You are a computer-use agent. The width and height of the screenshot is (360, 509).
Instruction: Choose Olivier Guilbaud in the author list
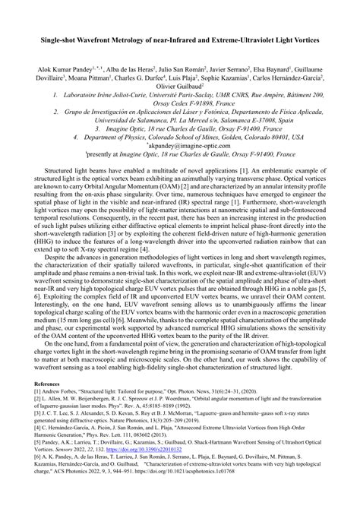[x=180, y=86]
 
